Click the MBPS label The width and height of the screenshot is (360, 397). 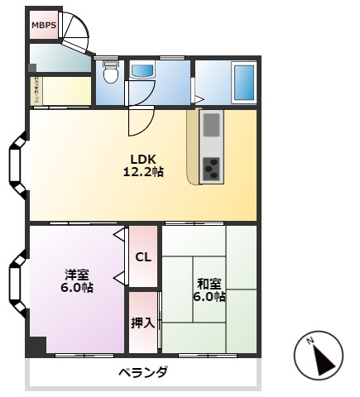(x=43, y=26)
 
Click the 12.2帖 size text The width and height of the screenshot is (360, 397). (x=142, y=172)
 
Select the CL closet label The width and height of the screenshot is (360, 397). (x=143, y=256)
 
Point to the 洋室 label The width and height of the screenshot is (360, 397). (x=78, y=275)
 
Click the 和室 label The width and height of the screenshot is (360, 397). (x=208, y=283)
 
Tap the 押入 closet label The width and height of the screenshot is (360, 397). (x=143, y=322)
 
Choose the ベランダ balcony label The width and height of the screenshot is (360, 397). (x=142, y=373)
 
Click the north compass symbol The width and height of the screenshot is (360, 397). (x=319, y=356)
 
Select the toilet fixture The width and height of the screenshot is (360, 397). (x=110, y=75)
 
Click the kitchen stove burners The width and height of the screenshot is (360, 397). (x=212, y=168)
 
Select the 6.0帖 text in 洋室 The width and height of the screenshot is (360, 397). (x=78, y=288)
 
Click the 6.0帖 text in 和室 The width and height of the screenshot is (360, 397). (x=208, y=296)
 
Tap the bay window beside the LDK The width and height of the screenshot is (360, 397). (x=17, y=167)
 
